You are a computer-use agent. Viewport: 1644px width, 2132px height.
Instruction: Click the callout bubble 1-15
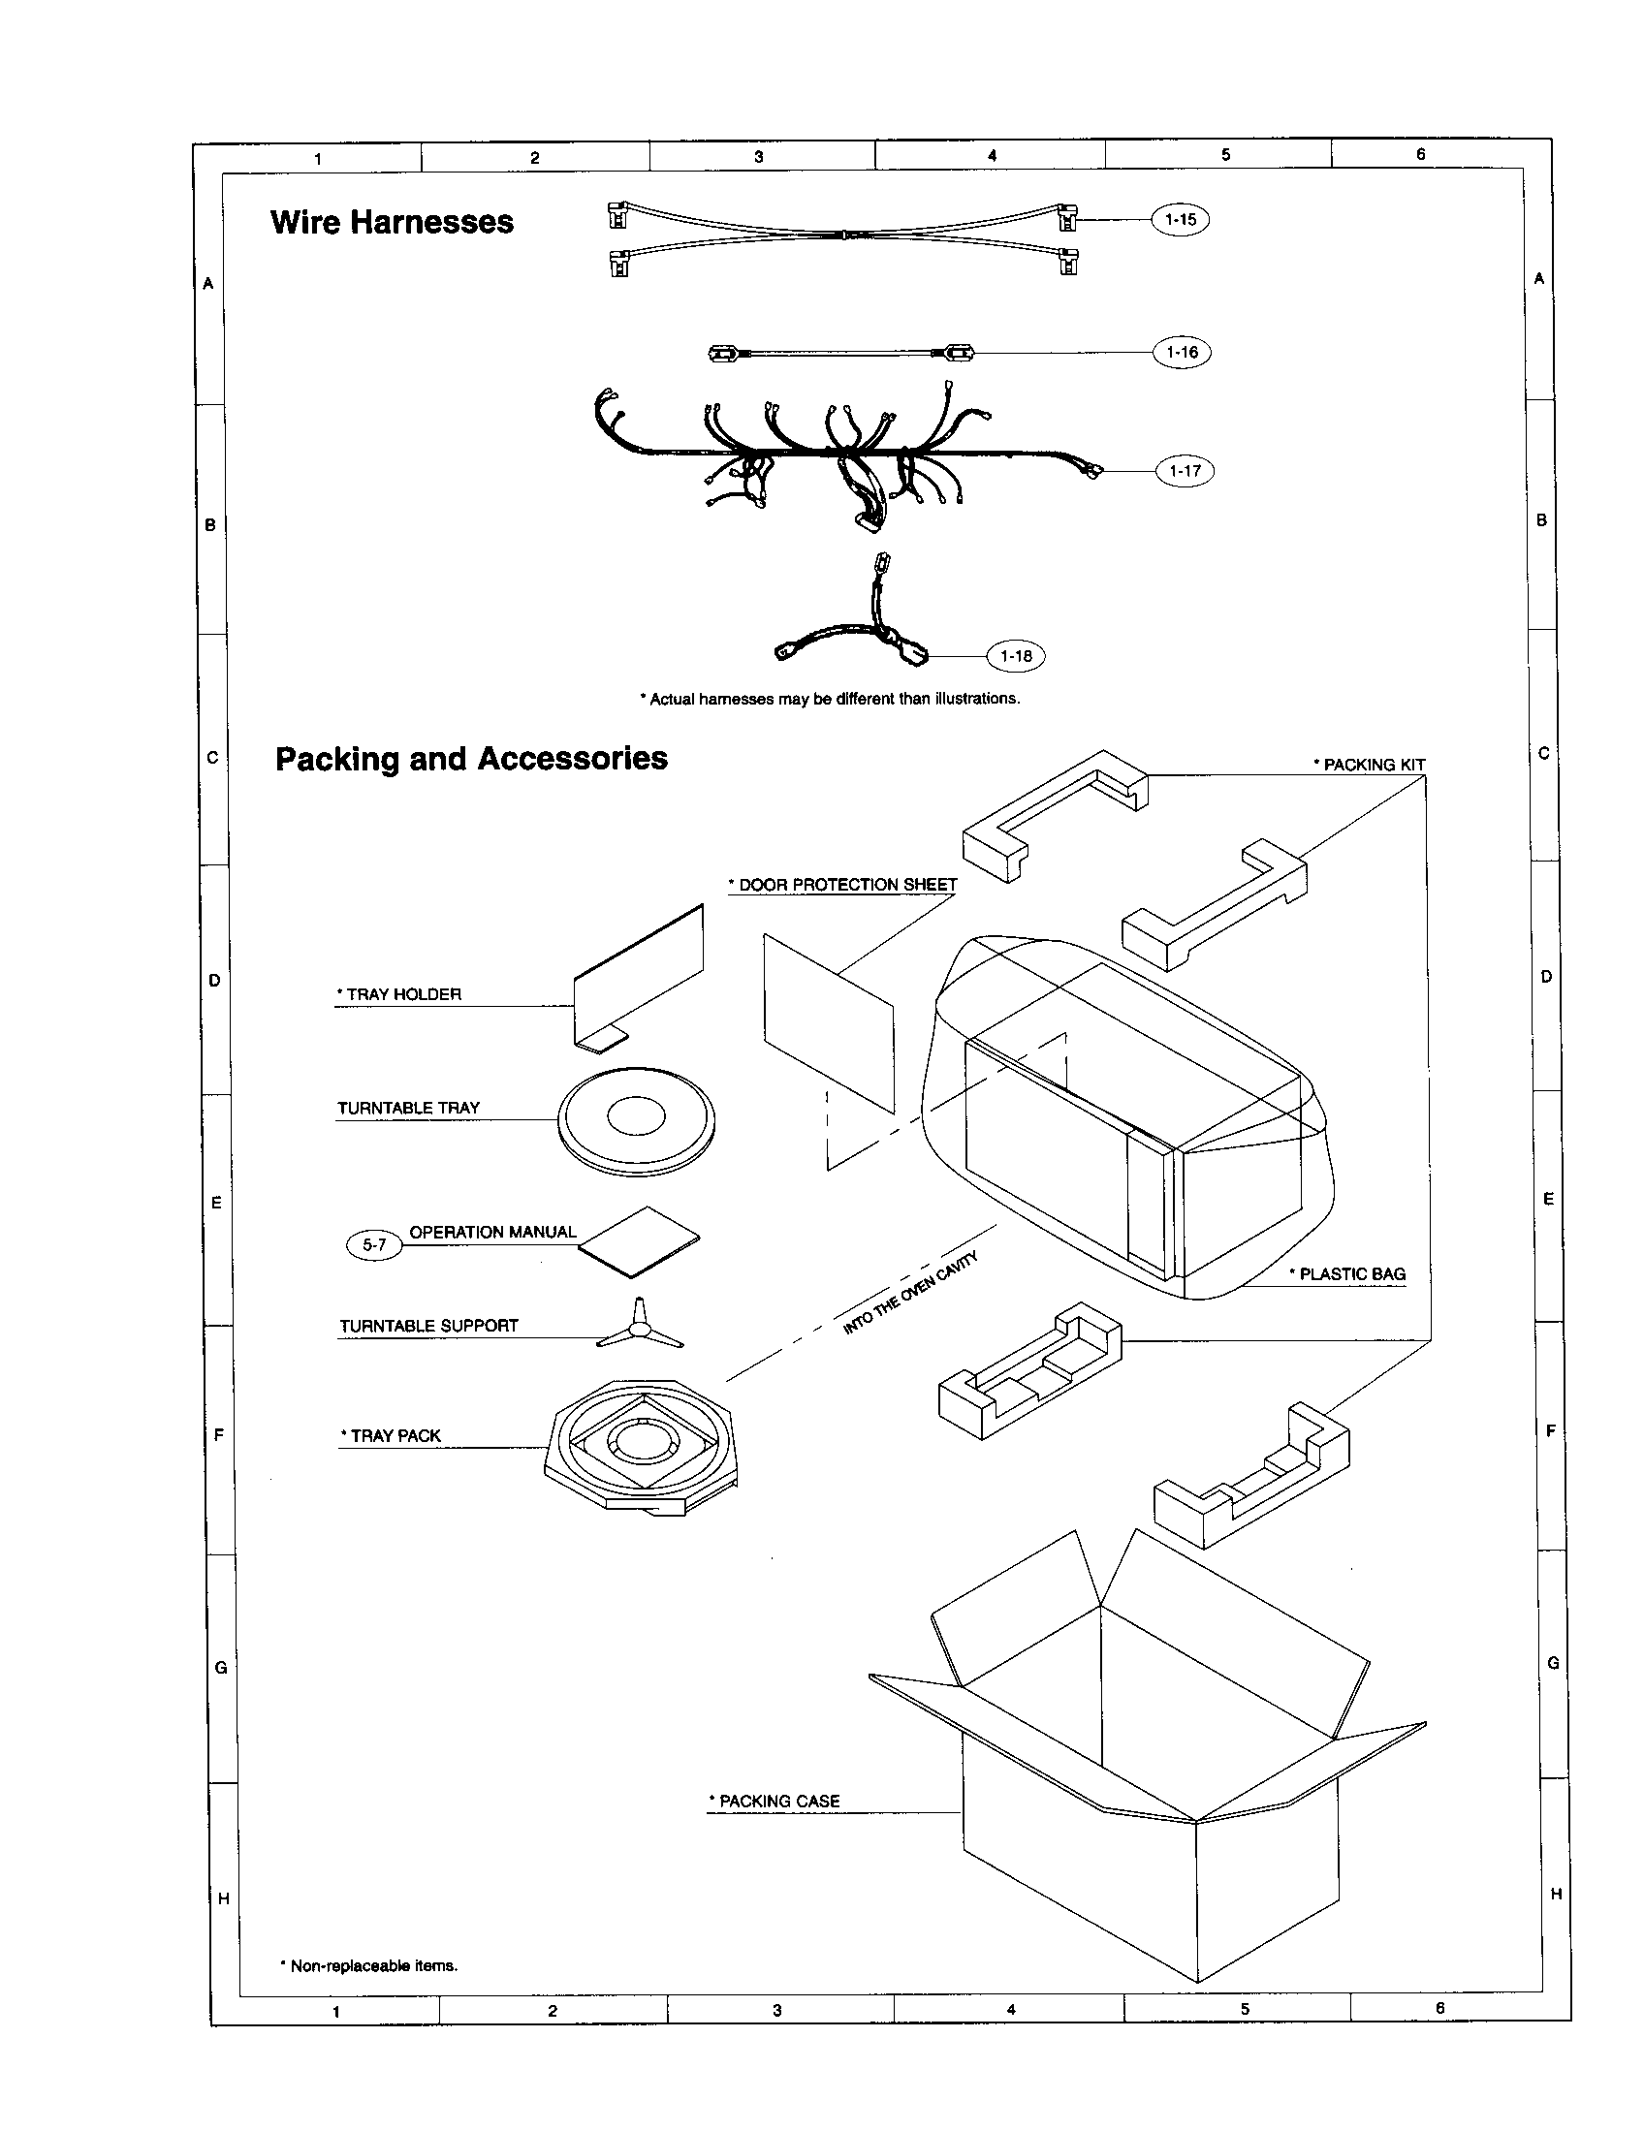click(1181, 220)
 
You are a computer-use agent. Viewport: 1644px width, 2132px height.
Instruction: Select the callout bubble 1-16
click(1182, 353)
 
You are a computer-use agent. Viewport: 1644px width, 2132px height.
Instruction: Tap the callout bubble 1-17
click(1185, 472)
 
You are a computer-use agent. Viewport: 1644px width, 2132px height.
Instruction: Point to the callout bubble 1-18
click(1015, 656)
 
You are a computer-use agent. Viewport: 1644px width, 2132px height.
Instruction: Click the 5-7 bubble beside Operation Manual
click(374, 1245)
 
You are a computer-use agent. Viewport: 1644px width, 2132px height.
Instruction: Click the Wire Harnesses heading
click(392, 223)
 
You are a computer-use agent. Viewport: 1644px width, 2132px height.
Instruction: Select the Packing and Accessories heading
click(471, 759)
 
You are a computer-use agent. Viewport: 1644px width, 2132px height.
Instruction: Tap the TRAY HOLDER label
click(398, 994)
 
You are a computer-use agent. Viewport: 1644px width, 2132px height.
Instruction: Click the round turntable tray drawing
click(637, 1120)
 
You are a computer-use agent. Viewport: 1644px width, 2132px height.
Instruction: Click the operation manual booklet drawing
click(640, 1241)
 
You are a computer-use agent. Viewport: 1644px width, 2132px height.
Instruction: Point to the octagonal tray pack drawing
click(642, 1448)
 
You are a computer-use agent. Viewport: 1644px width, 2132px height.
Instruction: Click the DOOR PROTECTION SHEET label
click(842, 886)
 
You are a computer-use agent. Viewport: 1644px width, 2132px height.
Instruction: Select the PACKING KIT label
click(1369, 766)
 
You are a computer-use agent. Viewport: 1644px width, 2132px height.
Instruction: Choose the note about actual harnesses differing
click(830, 699)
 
